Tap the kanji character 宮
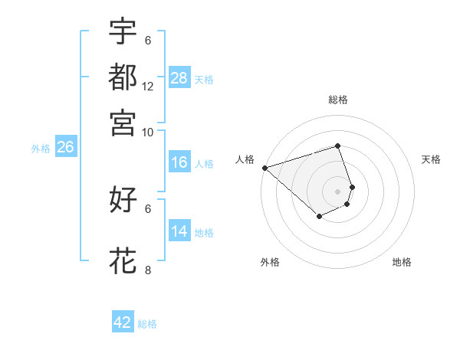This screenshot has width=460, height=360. pyautogui.click(x=123, y=122)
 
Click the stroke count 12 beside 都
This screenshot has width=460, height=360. pyautogui.click(x=148, y=86)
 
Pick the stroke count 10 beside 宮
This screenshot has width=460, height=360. pyautogui.click(x=148, y=132)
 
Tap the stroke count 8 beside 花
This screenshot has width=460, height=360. pyautogui.click(x=148, y=270)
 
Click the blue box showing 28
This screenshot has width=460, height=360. pyautogui.click(x=179, y=78)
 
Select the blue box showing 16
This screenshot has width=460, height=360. pyautogui.click(x=179, y=162)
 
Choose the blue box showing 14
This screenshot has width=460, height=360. pyautogui.click(x=179, y=231)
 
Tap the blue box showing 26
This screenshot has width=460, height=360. pyautogui.click(x=65, y=148)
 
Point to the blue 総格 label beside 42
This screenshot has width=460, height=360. pyautogui.click(x=147, y=324)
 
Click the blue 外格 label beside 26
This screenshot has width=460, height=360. pyautogui.click(x=41, y=149)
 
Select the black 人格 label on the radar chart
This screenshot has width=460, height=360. pyautogui.click(x=245, y=159)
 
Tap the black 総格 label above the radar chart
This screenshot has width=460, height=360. pyautogui.click(x=338, y=100)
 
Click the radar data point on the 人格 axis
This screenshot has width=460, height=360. pyautogui.click(x=264, y=168)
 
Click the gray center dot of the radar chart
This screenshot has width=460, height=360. pyautogui.click(x=338, y=191)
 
